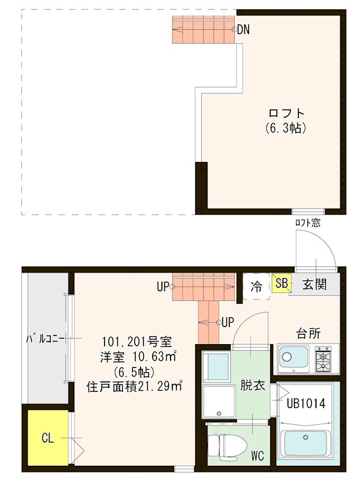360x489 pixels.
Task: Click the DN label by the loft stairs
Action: (243, 29)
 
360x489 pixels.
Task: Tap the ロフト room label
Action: (286, 114)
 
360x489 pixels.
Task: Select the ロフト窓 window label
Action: (307, 222)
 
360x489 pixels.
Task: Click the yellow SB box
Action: (281, 284)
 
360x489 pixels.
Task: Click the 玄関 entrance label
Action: (313, 284)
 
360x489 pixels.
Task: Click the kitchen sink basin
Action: (294, 358)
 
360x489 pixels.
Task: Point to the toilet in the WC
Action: (220, 444)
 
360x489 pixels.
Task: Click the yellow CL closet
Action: (48, 438)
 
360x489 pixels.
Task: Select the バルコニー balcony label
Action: (45, 339)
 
